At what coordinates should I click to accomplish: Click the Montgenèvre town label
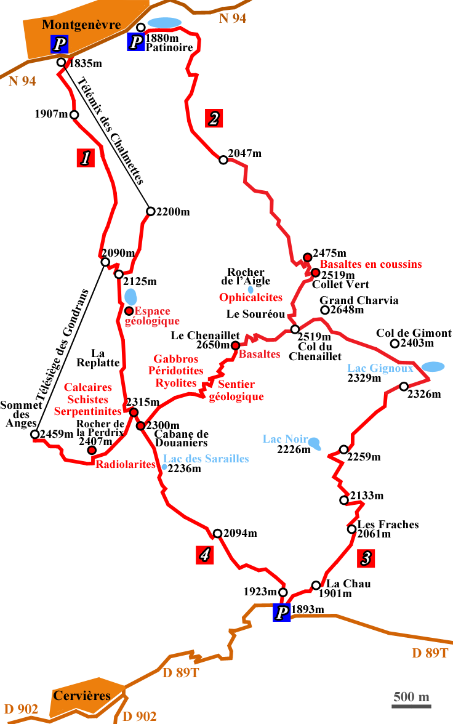coord(81,25)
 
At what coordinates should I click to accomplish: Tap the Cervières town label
coord(82,696)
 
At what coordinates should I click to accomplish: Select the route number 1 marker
coord(86,158)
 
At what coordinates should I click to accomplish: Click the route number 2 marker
coord(214,119)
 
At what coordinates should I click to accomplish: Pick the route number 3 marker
coord(366,558)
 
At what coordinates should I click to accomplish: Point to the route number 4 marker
coord(205,555)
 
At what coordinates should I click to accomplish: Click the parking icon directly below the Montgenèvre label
coord(60,44)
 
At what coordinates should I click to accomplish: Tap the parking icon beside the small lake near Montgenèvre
coord(136,42)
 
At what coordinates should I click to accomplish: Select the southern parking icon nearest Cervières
coord(282,613)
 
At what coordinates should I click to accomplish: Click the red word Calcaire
coord(86,387)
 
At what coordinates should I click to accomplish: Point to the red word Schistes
coord(87,400)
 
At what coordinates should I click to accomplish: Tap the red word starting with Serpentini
coord(81,412)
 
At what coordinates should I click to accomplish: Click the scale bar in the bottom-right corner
coord(411,700)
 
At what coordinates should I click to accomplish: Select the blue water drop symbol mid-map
coord(251,290)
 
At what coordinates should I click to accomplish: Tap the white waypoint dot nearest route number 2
coord(223,160)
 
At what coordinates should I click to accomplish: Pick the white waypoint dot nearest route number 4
coord(217,533)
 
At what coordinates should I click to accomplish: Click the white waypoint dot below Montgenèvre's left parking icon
coord(61,62)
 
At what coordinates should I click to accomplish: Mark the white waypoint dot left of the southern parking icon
coord(283,592)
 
